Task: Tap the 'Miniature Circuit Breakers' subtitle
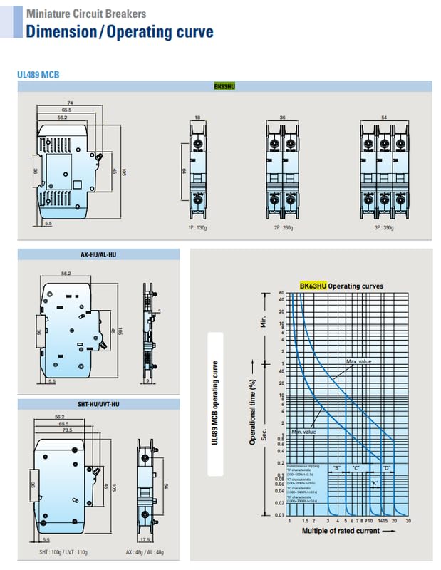point(86,14)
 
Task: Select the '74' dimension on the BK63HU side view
point(71,103)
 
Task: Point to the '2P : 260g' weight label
point(283,228)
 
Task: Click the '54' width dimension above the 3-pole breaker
point(385,117)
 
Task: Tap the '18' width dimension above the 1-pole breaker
point(199,117)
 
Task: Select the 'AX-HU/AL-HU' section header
point(99,254)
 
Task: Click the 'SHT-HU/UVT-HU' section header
point(99,404)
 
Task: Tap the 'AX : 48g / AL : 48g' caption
point(145,552)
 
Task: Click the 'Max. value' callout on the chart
point(360,362)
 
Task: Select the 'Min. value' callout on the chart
point(303,432)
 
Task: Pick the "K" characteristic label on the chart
point(374,482)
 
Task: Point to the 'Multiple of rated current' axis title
point(341,531)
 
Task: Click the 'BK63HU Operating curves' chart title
point(341,286)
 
